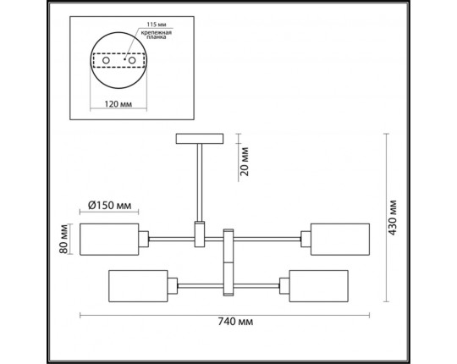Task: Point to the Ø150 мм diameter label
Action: [x=110, y=205]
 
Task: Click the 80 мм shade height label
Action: [x=63, y=240]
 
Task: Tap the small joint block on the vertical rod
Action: [x=200, y=234]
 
